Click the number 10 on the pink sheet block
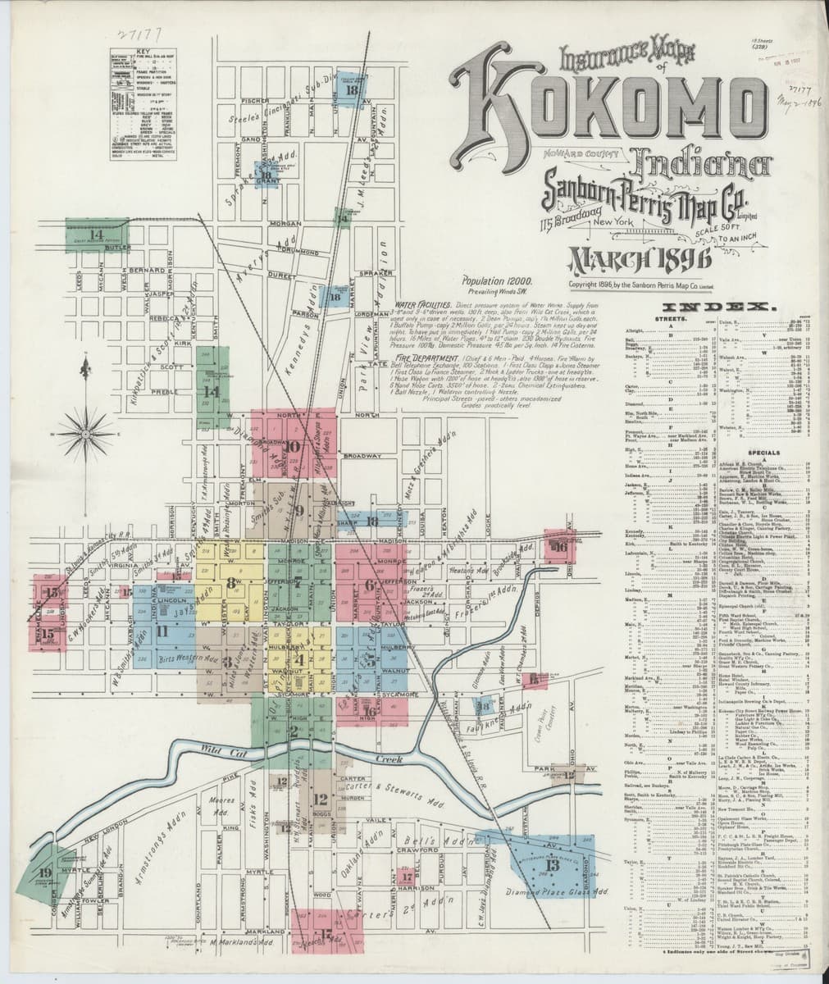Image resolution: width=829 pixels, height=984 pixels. click(293, 447)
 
